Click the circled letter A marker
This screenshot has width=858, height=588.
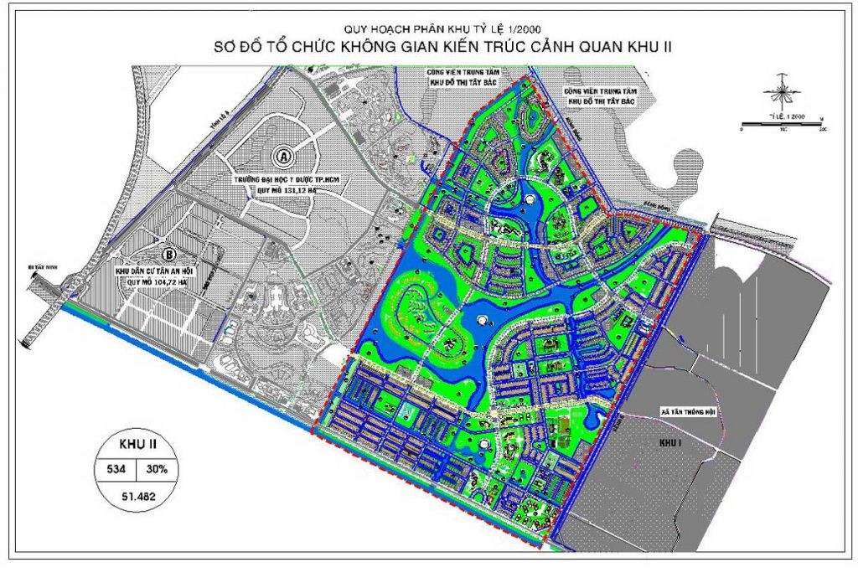[x=284, y=156]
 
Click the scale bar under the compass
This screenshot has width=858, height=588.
[x=782, y=125]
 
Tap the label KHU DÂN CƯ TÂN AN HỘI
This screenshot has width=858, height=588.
[x=159, y=272]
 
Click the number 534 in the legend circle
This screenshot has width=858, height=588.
[x=114, y=469]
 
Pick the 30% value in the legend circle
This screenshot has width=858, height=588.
[x=155, y=469]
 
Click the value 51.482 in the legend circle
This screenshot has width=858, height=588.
[x=134, y=496]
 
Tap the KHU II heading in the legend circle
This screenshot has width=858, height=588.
[x=134, y=445]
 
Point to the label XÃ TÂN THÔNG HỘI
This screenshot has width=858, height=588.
[x=689, y=412]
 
